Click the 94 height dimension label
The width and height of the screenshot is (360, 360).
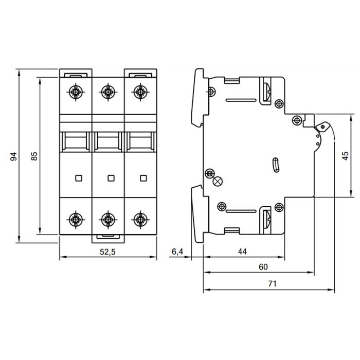tap(14, 156)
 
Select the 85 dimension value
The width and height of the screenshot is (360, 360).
tap(34, 156)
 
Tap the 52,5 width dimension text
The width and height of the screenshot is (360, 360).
tap(107, 252)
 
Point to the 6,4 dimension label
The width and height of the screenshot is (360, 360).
tap(177, 251)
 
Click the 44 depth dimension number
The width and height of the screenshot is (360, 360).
tap(242, 251)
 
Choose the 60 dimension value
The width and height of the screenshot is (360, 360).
tap(263, 267)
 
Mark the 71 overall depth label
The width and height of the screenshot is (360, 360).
tap(272, 284)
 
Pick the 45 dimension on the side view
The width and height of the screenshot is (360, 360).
tap(345, 156)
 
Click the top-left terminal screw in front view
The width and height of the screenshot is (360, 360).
tap(76, 92)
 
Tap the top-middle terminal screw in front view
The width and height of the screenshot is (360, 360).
tap(108, 92)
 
